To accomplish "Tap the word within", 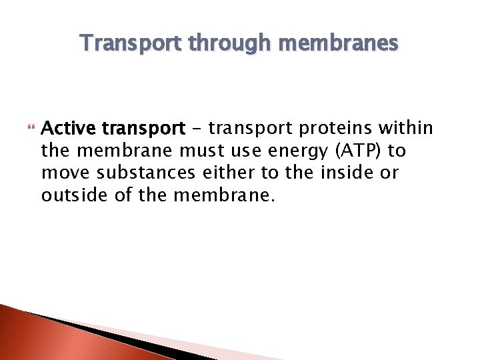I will pos(407,128).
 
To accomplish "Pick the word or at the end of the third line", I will pos(389,173).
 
